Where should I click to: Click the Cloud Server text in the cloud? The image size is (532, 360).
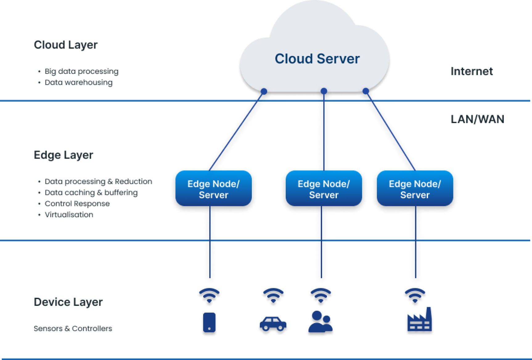point(317,59)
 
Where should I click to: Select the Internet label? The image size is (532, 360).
point(472,71)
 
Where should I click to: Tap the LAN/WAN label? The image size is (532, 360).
point(477,119)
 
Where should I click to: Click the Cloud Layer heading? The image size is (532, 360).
point(66,45)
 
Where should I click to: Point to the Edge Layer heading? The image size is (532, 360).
point(63,155)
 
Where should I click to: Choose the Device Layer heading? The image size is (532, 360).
point(68,302)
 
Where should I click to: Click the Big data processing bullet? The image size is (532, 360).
point(81,71)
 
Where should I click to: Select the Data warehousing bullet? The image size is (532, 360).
point(79,83)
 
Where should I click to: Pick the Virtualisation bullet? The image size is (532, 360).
point(69,215)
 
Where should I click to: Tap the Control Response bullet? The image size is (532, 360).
point(77,204)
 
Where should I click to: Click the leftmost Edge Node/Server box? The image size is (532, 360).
point(213,188)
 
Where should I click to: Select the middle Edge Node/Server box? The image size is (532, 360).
point(324,188)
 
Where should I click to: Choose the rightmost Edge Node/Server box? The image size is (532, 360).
point(415,188)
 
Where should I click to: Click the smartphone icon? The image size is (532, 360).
point(209,322)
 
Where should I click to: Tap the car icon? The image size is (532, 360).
point(273,324)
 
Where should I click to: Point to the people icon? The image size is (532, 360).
point(320,322)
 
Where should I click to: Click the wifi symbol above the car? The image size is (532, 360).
point(273,295)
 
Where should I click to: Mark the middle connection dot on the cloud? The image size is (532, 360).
point(324,91)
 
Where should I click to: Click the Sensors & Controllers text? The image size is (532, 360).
point(73,329)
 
